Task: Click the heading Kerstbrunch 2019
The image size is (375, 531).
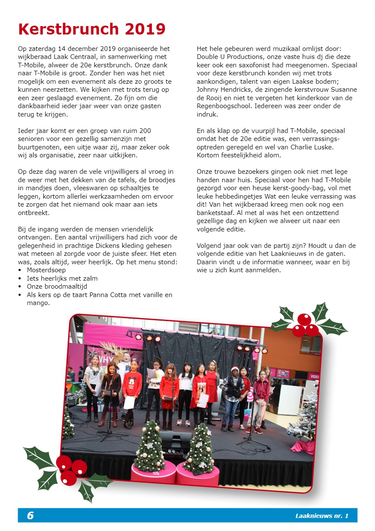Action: click(x=92, y=29)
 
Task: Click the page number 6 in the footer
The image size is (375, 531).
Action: click(x=30, y=515)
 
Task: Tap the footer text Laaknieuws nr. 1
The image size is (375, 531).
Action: click(x=322, y=516)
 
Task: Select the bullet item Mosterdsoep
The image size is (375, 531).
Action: click(x=46, y=270)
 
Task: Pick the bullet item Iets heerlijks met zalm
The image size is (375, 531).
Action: click(x=62, y=279)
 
